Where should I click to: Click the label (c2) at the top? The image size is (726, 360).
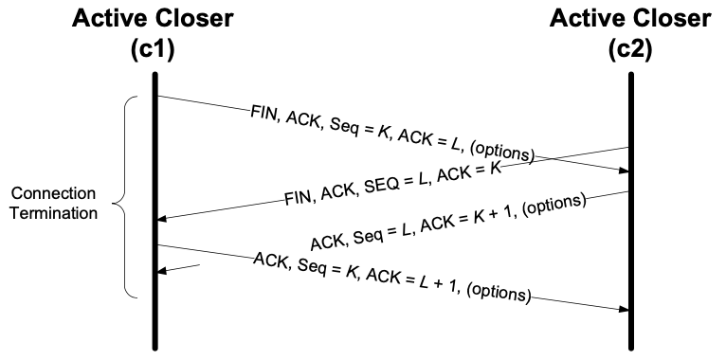point(630,48)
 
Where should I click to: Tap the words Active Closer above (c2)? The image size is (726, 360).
point(630,18)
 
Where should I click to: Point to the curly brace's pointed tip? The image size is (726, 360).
point(114,202)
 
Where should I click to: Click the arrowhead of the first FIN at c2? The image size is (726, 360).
point(623,171)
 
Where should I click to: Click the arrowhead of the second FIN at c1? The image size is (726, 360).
point(162,219)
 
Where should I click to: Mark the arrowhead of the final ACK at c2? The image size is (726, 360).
point(623,309)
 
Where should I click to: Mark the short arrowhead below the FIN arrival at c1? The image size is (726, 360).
point(162,270)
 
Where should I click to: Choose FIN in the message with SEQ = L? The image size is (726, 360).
point(298,200)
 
